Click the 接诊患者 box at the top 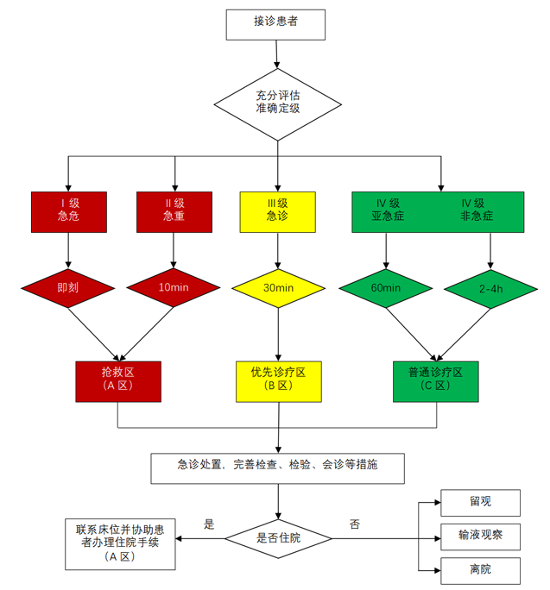click(x=276, y=23)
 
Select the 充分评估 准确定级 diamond click(x=277, y=100)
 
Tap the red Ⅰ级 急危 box click(x=67, y=210)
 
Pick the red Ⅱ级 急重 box click(x=174, y=210)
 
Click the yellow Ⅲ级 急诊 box click(x=277, y=210)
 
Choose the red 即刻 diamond click(x=67, y=287)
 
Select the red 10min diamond click(x=174, y=287)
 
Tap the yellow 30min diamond click(x=277, y=287)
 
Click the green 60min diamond click(x=385, y=287)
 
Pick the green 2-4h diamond click(x=491, y=287)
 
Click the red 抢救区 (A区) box click(x=117, y=380)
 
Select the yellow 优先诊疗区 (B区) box click(x=278, y=380)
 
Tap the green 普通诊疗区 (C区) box click(x=436, y=380)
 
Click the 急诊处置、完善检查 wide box click(x=277, y=467)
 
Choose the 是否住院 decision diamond click(x=279, y=537)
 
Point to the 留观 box click(x=481, y=502)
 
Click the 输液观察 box click(x=481, y=537)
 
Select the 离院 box click(x=481, y=570)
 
